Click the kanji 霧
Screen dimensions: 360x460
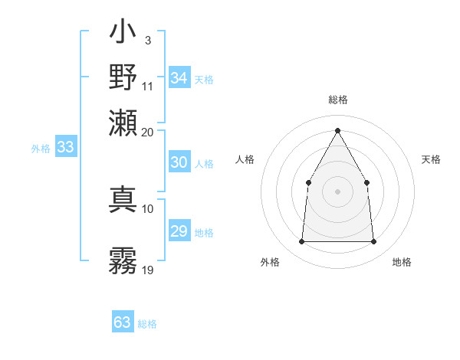(123, 260)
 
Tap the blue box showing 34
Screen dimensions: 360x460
(179, 78)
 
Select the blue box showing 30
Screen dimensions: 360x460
(179, 162)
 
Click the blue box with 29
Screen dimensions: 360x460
(179, 231)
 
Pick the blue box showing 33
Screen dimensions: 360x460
(65, 148)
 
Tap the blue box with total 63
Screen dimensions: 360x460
(123, 322)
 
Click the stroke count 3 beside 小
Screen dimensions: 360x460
(147, 39)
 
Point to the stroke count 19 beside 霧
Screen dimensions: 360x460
(148, 270)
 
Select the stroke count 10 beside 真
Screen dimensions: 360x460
(148, 208)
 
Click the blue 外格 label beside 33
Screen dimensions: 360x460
(41, 149)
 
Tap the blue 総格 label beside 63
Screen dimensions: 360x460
(147, 324)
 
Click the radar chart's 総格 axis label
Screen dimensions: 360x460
(337, 100)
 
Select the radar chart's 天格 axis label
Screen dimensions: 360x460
(431, 159)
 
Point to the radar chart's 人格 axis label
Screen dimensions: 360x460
(245, 159)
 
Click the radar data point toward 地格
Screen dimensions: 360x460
(373, 242)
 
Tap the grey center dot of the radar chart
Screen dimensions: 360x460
(337, 191)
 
